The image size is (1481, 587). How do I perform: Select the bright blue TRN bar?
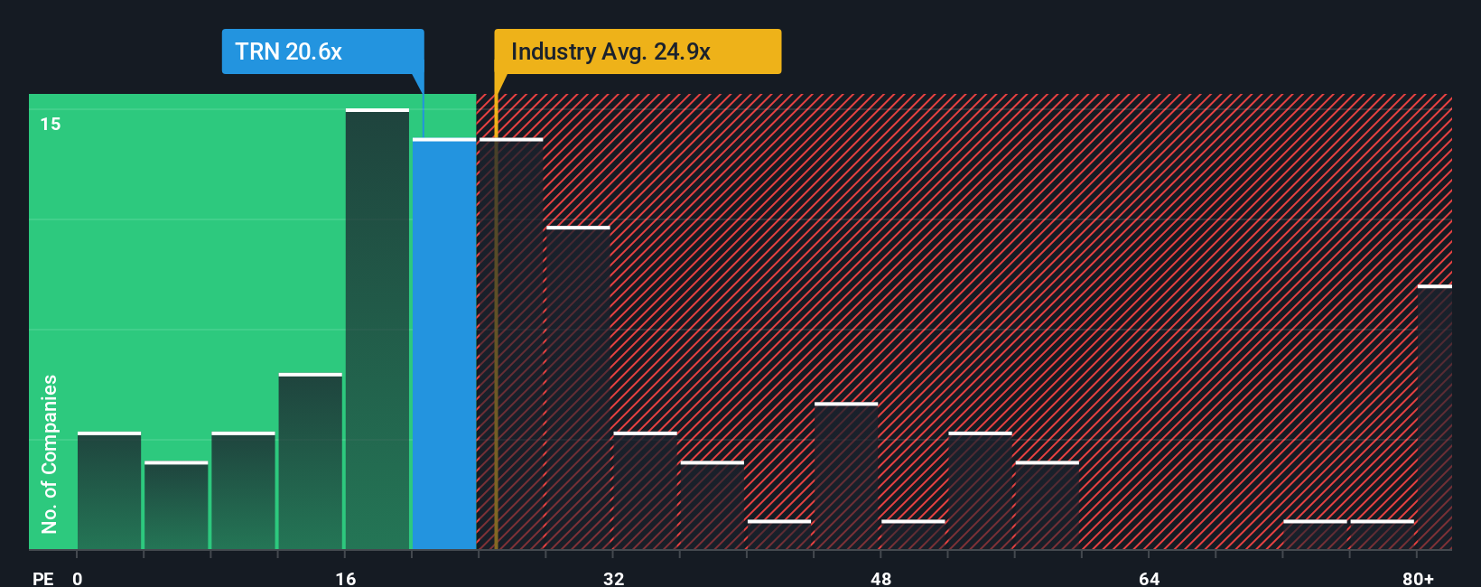(444, 344)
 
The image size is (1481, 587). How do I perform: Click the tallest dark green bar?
(377, 330)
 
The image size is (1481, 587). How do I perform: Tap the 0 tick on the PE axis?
(78, 578)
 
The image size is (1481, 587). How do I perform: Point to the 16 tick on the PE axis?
(346, 578)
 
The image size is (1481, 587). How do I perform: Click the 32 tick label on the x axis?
(614, 578)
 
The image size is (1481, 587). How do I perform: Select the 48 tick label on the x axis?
(881, 578)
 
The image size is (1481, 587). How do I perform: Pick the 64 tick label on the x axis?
(1149, 578)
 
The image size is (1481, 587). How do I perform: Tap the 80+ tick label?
(1418, 578)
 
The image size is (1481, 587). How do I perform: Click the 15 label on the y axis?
(51, 124)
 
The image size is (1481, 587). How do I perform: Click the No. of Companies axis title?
(50, 453)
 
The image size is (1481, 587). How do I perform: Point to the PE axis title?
(43, 578)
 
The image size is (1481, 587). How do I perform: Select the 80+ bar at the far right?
(1434, 417)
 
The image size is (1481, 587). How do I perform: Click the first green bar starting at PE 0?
(109, 491)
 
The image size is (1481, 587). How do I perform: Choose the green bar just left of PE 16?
(311, 461)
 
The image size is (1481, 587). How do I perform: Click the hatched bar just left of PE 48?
(846, 476)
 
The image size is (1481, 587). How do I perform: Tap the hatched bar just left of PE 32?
(578, 388)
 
